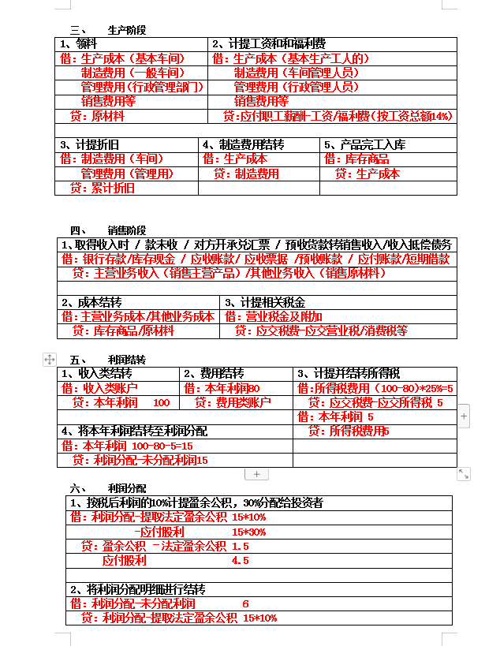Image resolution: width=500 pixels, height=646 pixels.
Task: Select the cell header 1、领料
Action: (79, 43)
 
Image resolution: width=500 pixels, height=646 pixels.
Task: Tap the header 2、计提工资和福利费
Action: (269, 43)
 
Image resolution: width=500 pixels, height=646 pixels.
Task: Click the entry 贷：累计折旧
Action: (102, 188)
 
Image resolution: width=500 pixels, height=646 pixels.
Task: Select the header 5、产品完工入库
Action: (364, 145)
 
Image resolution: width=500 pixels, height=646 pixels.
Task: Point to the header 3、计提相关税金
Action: (265, 302)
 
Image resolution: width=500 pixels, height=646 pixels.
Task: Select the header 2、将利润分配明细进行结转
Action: (137, 589)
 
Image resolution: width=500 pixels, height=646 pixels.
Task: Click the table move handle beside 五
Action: (49, 359)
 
